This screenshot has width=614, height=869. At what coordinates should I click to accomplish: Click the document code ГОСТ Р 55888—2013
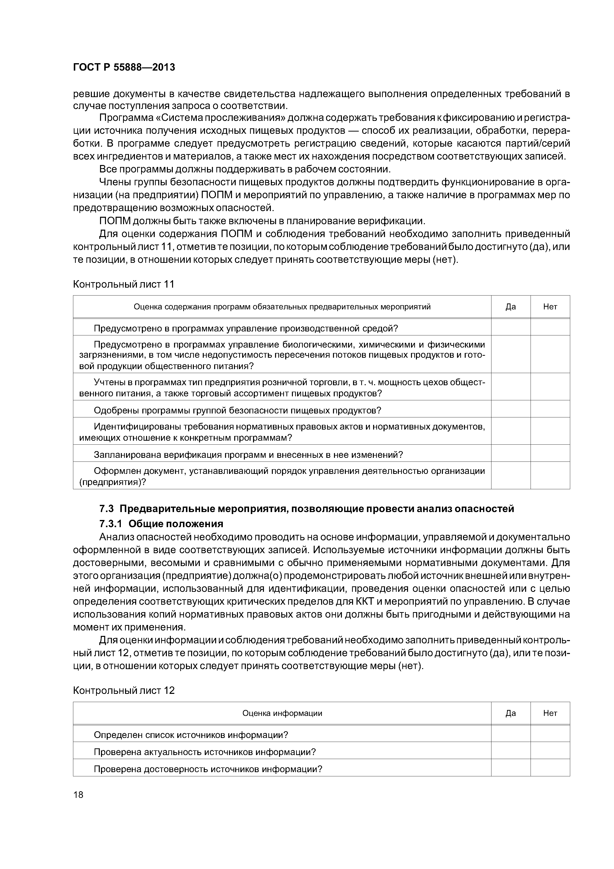tap(124, 68)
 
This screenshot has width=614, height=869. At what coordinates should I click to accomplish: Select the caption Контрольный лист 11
tap(124, 284)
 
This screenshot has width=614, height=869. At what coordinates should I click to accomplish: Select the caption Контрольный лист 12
tap(124, 691)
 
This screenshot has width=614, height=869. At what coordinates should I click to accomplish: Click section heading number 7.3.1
tap(111, 524)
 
